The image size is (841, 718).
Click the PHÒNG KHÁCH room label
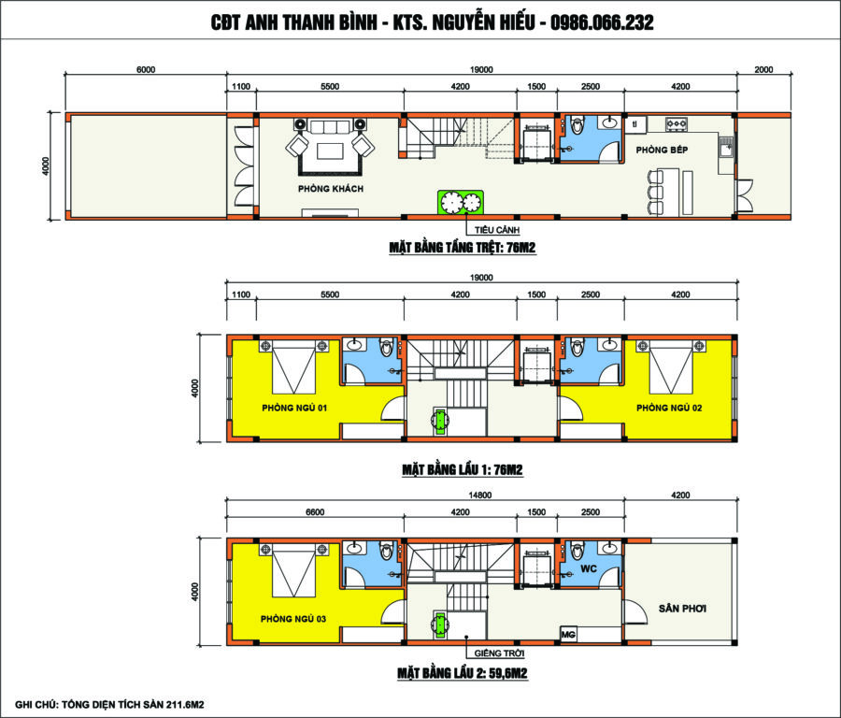pyautogui.click(x=331, y=188)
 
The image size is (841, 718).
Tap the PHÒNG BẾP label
pyautogui.click(x=662, y=150)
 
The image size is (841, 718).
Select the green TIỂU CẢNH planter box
pyautogui.click(x=461, y=203)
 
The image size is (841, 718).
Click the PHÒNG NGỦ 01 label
pyautogui.click(x=294, y=408)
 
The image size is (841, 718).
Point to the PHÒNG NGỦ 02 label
pyautogui.click(x=669, y=408)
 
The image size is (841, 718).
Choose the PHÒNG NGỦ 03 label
pyautogui.click(x=292, y=619)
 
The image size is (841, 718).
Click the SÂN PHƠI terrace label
pyautogui.click(x=682, y=609)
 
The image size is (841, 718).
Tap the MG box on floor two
pyautogui.click(x=568, y=634)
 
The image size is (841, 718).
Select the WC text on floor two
pyautogui.click(x=589, y=568)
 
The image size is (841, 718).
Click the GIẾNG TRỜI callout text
pyautogui.click(x=499, y=653)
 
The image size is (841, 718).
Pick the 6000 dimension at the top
pyautogui.click(x=146, y=69)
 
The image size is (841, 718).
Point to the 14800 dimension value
pyautogui.click(x=480, y=495)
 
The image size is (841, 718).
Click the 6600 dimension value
pyautogui.click(x=315, y=512)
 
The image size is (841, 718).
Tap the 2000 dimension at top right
pyautogui.click(x=763, y=69)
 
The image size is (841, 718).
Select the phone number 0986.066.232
pyautogui.click(x=602, y=22)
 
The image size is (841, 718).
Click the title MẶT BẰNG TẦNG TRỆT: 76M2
pyautogui.click(x=463, y=248)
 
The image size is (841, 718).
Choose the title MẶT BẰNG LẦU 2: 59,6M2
pyautogui.click(x=463, y=673)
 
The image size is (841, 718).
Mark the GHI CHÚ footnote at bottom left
pyautogui.click(x=109, y=705)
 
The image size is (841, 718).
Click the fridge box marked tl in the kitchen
pyautogui.click(x=635, y=124)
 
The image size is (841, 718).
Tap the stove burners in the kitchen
pyautogui.click(x=677, y=124)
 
